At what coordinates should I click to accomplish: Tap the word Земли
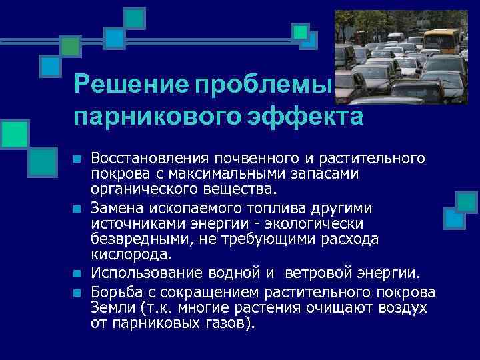(111, 308)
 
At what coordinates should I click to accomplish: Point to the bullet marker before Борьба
(77, 293)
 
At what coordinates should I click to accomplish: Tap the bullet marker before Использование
(77, 274)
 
